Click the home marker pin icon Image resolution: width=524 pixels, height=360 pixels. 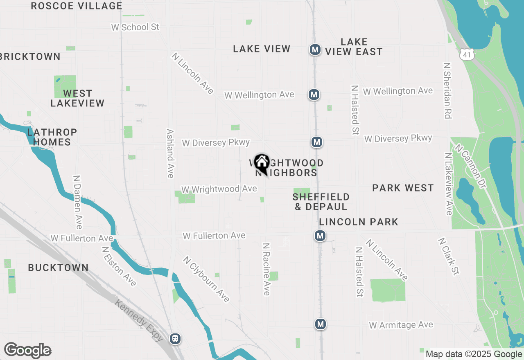[261, 163]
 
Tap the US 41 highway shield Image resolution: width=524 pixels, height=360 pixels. [467, 54]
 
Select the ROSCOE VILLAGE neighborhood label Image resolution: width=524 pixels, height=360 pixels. [77, 6]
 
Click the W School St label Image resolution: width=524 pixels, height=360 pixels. [135, 27]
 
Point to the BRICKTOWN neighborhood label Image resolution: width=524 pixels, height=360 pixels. [30, 57]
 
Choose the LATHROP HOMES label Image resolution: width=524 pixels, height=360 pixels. [52, 137]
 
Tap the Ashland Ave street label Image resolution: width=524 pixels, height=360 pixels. [170, 153]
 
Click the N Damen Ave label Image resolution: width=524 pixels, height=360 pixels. [77, 202]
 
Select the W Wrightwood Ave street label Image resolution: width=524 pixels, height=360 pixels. [219, 189]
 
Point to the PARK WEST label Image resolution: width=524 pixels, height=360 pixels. [403, 188]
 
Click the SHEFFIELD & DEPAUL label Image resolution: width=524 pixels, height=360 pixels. [321, 202]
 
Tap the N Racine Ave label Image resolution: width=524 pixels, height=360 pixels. [267, 269]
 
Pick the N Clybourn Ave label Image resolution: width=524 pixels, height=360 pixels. [206, 279]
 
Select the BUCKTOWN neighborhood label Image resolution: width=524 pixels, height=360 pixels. [58, 268]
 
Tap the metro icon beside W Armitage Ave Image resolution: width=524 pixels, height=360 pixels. [320, 324]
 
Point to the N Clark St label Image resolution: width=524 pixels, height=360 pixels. [448, 256]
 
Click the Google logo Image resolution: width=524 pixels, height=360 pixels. [27, 351]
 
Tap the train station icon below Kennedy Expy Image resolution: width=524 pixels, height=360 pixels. [175, 338]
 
